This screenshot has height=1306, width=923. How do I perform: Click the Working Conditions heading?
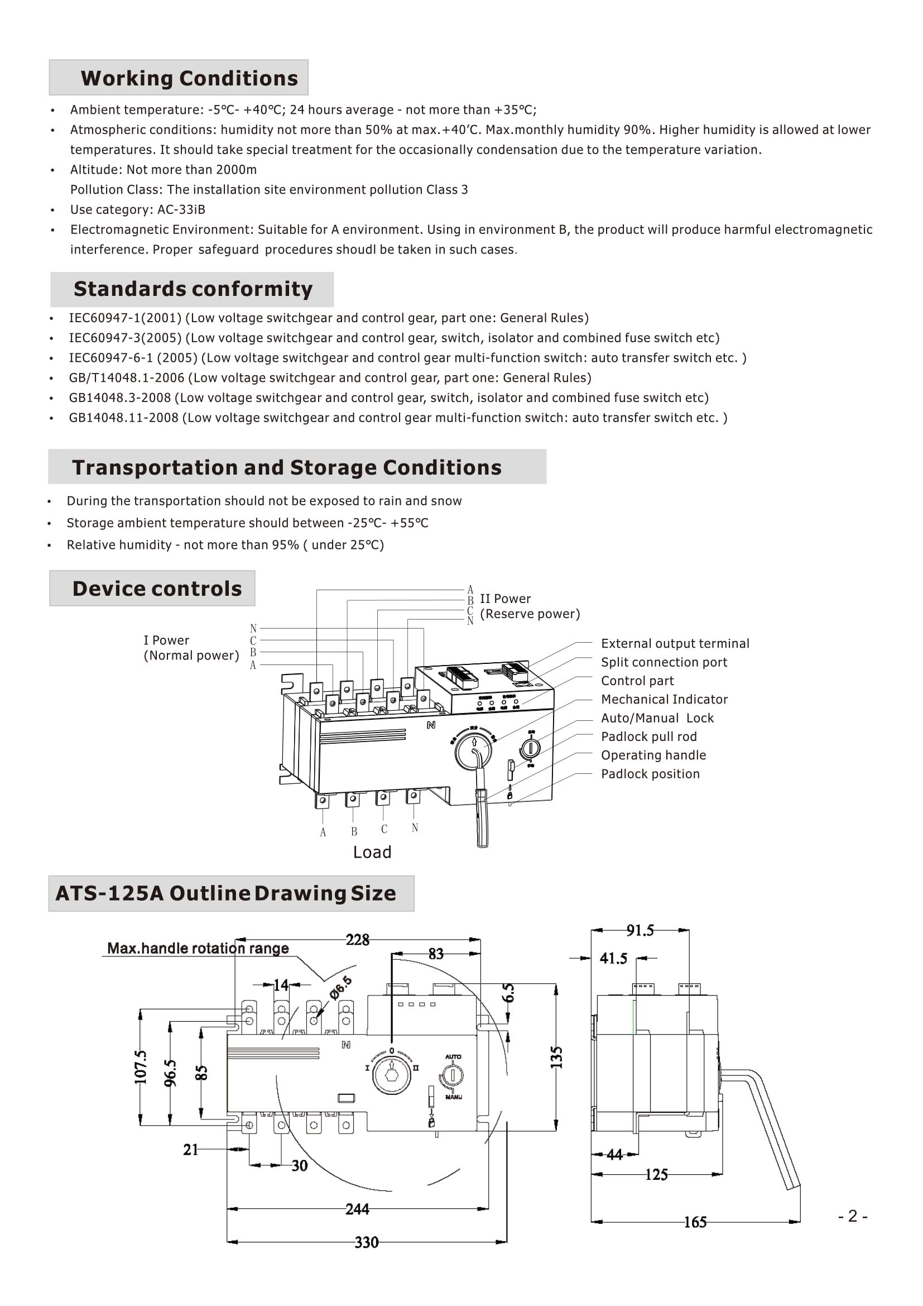pos(189,78)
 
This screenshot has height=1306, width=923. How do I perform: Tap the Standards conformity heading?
pos(193,289)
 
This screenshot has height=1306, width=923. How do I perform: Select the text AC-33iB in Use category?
pos(181,210)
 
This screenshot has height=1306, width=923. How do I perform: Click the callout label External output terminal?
pos(675,643)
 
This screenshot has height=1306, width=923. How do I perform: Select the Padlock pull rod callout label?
pos(648,736)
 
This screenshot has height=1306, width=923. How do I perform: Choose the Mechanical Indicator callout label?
pos(664,699)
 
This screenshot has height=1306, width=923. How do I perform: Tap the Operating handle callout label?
pos(653,755)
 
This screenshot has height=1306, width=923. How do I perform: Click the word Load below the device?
pos(372,852)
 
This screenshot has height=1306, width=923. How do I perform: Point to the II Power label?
pos(504,599)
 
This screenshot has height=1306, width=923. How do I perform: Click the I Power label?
pos(166,640)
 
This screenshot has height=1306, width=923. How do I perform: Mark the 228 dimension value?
pos(358,940)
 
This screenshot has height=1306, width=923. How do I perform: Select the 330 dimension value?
pos(367,1242)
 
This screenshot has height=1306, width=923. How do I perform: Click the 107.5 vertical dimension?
pos(141,1067)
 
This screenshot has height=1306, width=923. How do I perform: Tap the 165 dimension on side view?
pos(695,1222)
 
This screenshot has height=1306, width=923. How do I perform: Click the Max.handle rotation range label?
pos(198,949)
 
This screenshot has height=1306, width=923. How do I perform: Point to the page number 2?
pos(853,1216)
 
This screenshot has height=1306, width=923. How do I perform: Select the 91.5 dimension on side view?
pos(640,930)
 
